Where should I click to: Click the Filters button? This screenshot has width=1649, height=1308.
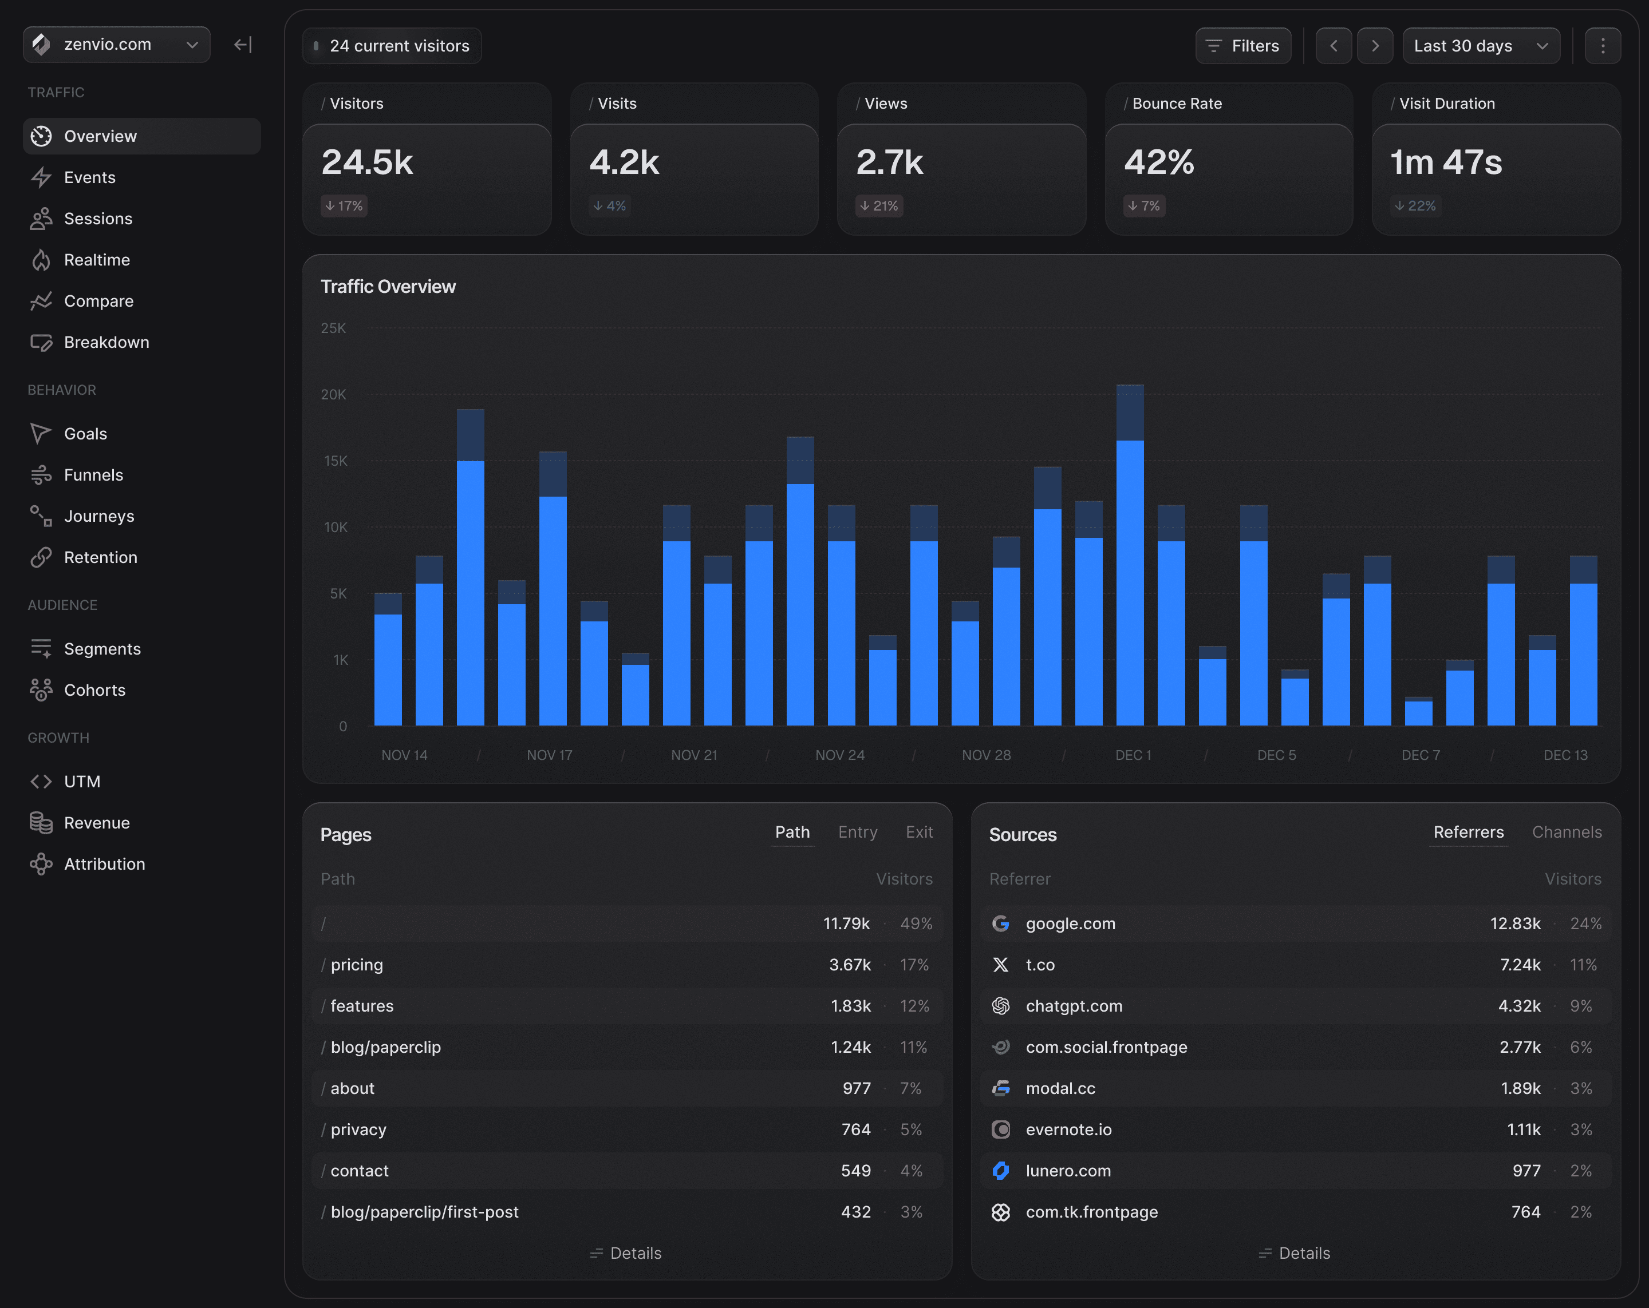[1243, 46]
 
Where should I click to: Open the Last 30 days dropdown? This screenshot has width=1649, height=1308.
[1481, 46]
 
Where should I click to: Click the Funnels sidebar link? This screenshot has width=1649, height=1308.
[93, 475]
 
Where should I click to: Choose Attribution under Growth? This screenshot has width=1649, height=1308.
[104, 864]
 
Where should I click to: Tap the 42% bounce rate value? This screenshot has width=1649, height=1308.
[1159, 162]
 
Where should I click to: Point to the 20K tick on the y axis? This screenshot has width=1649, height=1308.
[333, 394]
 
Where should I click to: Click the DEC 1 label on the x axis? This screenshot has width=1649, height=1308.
[1133, 755]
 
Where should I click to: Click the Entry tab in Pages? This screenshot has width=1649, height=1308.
[857, 832]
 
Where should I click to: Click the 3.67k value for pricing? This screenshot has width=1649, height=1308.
[850, 965]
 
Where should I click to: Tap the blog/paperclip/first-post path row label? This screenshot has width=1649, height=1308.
[424, 1212]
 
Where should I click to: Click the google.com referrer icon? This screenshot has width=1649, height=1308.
[1000, 923]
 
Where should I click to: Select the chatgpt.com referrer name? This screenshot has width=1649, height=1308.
[1074, 1006]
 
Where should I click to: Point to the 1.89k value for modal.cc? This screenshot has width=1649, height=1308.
[1520, 1089]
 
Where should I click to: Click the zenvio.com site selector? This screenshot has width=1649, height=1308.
[116, 44]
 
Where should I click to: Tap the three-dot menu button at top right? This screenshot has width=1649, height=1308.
[1603, 46]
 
